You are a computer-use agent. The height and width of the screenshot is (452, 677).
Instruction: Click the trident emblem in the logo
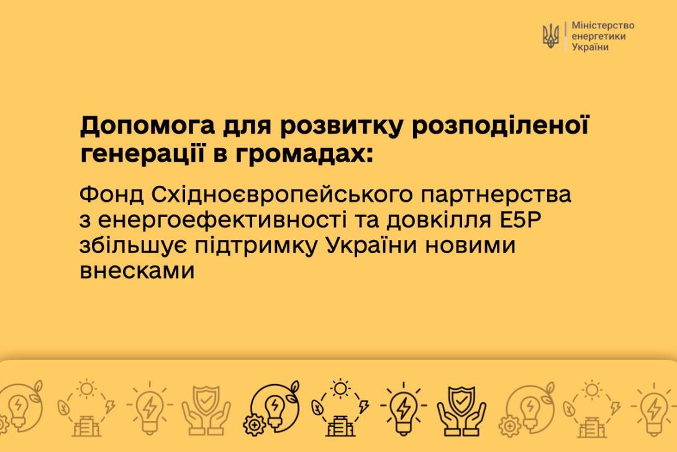[x=550, y=36]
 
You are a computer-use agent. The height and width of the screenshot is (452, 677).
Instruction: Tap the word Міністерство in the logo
[x=602, y=25]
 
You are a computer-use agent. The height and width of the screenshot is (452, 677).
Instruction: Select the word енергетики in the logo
[x=598, y=36]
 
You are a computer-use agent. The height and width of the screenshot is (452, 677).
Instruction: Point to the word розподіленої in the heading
[x=500, y=126]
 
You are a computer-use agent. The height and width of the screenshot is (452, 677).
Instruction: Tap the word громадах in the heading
[x=304, y=154]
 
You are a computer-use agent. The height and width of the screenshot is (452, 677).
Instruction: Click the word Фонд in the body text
[x=111, y=195]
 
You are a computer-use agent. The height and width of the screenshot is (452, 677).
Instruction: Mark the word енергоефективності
[x=222, y=220]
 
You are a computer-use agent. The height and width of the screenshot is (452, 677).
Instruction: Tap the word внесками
[x=137, y=271]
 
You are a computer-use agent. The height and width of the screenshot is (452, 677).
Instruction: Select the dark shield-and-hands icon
[x=461, y=410]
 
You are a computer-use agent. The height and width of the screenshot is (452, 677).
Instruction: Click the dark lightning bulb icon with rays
[x=403, y=408]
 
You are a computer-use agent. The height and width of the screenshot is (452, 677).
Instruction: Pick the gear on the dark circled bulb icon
[x=255, y=425]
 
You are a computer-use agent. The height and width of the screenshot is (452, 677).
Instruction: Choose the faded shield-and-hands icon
[x=206, y=410]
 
